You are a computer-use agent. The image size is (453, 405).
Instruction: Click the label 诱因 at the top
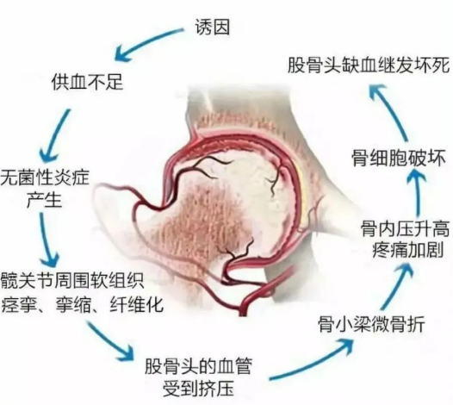tap(213, 28)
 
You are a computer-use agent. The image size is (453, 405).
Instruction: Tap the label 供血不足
tap(88, 82)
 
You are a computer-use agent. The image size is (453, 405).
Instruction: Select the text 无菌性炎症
tap(45, 178)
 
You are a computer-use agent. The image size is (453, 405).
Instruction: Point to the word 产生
tap(45, 199)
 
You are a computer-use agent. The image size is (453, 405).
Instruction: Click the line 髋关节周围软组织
tap(72, 280)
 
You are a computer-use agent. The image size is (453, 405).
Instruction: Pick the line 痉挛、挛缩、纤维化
tap(83, 304)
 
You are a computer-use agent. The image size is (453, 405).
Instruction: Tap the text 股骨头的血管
tap(198, 366)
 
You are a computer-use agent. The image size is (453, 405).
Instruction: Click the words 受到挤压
tap(198, 389)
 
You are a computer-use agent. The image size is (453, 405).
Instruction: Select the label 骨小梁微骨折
tap(371, 324)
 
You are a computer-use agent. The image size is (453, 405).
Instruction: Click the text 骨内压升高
tap(405, 228)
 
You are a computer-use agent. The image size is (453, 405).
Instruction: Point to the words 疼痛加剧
tap(408, 250)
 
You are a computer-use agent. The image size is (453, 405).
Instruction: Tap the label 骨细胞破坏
tap(399, 159)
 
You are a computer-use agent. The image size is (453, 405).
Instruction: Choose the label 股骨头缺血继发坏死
tap(369, 65)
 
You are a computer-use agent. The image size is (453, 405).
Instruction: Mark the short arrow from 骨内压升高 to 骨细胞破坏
tap(417, 192)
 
